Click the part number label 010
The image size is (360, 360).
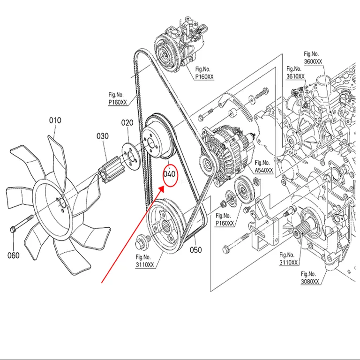[55, 120]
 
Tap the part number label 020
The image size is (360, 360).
[127, 123]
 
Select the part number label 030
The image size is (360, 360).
[102, 136]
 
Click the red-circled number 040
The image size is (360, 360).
[169, 174]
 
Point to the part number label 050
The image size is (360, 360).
[195, 250]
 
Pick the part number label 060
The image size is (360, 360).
[14, 255]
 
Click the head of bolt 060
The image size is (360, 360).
[13, 229]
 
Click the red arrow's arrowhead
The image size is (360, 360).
[161, 189]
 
